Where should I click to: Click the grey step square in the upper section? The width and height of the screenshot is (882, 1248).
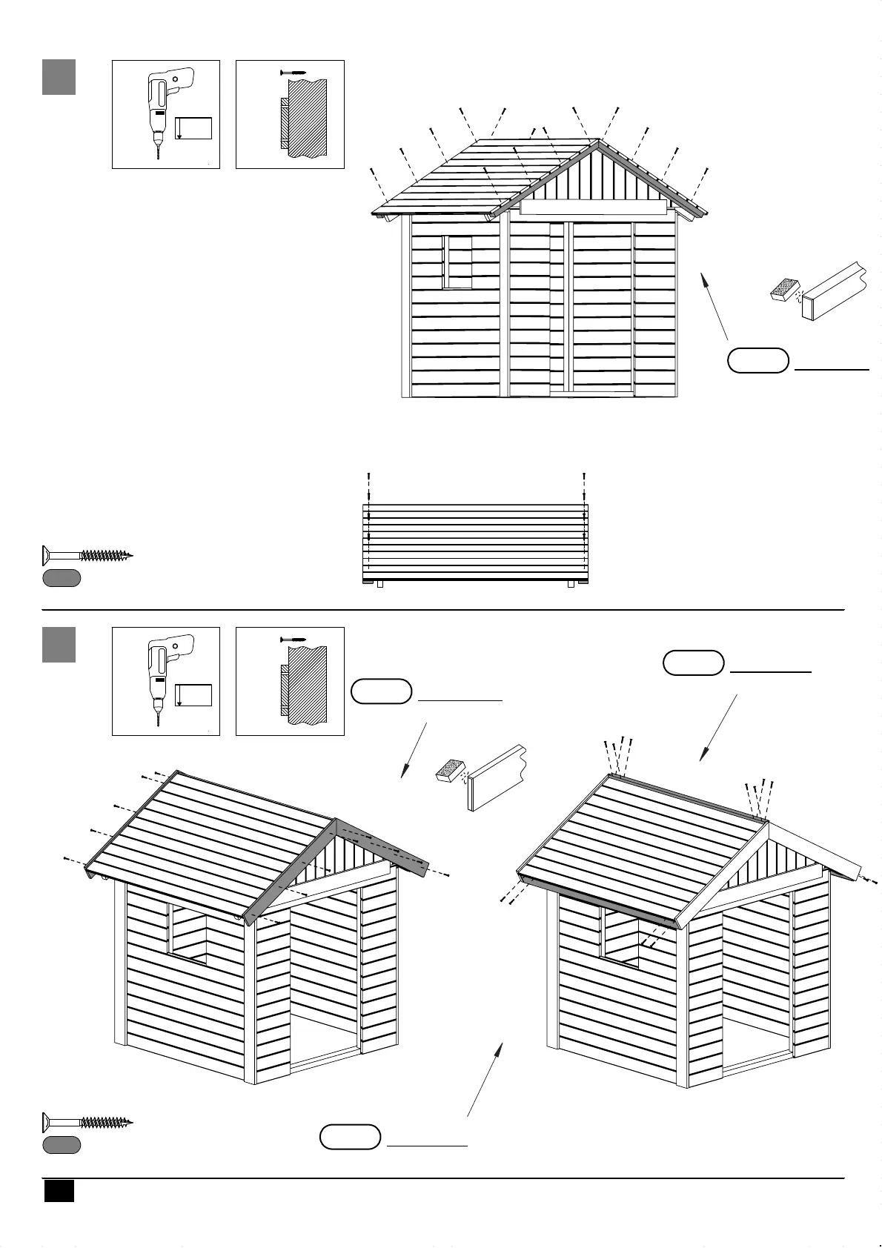pos(59,77)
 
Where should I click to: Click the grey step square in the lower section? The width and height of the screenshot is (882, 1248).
pos(59,644)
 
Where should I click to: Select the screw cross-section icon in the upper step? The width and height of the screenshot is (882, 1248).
pos(290,114)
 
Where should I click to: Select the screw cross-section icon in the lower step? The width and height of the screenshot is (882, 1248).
pos(290,681)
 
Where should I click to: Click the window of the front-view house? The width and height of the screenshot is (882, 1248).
pos(457,262)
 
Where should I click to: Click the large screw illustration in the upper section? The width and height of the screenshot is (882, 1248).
pos(87,554)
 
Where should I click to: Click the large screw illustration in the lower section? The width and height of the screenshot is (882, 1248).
pos(87,1121)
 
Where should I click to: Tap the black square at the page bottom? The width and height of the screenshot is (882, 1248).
pos(59,1190)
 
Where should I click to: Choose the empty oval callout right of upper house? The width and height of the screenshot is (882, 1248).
pos(757,360)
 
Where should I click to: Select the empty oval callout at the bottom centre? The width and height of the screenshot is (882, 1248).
pos(350,1137)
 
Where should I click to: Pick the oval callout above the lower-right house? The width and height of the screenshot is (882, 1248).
pos(693,663)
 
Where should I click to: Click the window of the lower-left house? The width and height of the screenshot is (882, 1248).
pos(189,934)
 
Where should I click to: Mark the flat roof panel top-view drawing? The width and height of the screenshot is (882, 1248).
pos(474,543)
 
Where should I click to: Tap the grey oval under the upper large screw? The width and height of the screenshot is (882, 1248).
pos(62,578)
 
